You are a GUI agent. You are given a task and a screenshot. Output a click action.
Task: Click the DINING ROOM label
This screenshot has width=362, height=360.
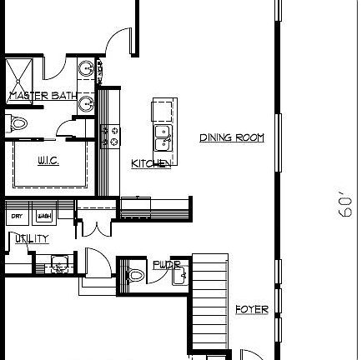(x=232, y=137)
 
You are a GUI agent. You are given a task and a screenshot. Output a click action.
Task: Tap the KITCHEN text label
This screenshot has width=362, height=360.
(x=151, y=164)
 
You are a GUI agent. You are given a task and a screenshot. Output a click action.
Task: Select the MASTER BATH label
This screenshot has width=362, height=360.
(x=43, y=97)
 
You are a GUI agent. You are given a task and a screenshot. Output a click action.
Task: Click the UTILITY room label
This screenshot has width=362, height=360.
(x=30, y=239)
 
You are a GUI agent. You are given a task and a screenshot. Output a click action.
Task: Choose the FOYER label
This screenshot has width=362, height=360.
(x=251, y=310)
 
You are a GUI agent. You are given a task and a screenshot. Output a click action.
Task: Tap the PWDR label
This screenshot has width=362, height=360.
(x=166, y=265)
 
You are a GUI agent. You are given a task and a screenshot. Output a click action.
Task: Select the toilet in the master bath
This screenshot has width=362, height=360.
(x=18, y=123)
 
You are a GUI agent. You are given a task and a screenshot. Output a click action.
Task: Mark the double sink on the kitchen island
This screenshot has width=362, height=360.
(x=162, y=132)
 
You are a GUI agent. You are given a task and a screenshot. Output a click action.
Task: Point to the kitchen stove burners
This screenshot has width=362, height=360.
(x=108, y=136)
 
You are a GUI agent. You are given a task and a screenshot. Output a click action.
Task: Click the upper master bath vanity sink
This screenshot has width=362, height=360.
(x=87, y=68)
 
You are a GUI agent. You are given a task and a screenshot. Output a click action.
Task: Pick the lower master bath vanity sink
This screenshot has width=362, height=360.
(x=87, y=103)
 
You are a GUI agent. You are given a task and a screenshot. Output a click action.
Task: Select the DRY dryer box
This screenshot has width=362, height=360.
(x=17, y=216)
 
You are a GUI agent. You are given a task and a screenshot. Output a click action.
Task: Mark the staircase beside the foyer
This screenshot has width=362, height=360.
(x=210, y=300)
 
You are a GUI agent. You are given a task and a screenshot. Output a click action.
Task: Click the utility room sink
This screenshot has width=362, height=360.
(x=58, y=264)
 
